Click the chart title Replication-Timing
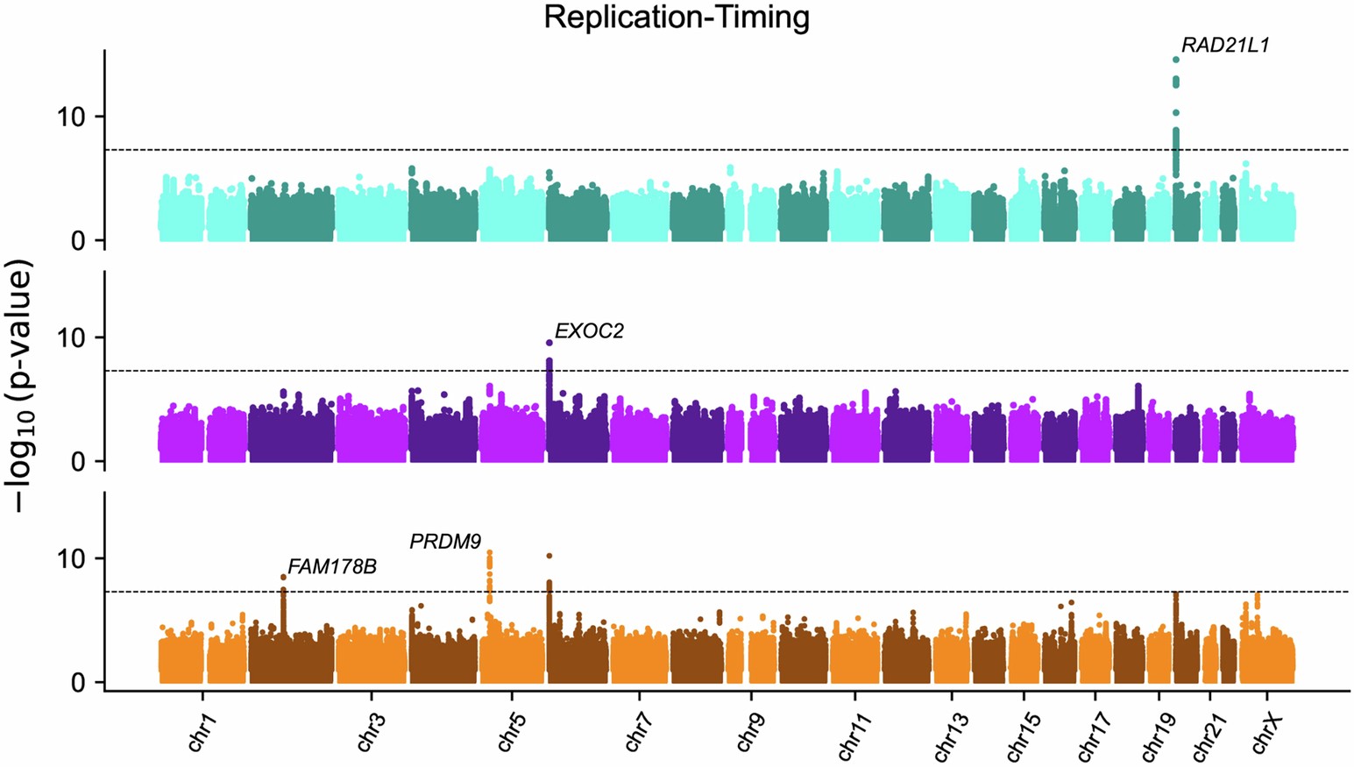click(x=676, y=17)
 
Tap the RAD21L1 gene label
click(x=1224, y=46)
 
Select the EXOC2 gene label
click(x=589, y=331)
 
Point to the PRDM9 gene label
click(x=445, y=542)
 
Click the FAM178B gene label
click(x=332, y=567)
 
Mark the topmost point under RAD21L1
click(x=1176, y=60)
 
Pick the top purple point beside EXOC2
click(x=549, y=343)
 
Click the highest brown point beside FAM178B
click(x=283, y=578)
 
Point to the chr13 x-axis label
click(x=951, y=736)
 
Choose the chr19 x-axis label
click(x=1159, y=736)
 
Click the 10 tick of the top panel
click(x=72, y=117)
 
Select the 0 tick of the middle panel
click(x=79, y=462)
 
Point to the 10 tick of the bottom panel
click(x=72, y=559)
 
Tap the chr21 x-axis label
click(x=1209, y=736)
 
